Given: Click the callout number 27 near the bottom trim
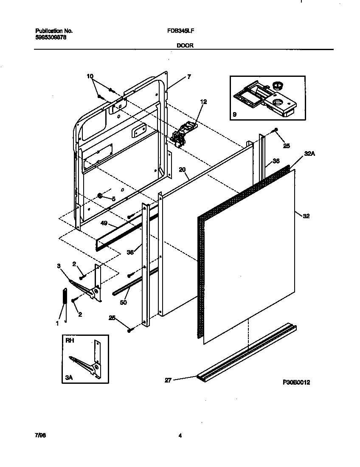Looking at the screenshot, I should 168,380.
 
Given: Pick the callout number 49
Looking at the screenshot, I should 104,223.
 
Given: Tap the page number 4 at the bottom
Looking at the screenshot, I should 180,436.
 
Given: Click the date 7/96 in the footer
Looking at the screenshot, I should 40,436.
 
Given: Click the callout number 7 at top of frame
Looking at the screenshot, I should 188,77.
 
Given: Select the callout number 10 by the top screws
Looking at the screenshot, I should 90,76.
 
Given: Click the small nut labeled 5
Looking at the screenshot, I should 100,195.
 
